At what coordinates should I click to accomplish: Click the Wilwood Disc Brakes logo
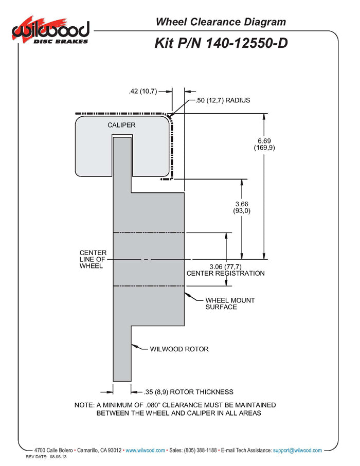point(50,32)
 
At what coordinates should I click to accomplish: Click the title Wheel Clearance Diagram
point(221,22)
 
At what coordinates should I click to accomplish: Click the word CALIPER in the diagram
point(121,125)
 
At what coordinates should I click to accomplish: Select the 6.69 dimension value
point(264,140)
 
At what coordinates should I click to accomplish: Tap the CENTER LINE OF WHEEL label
point(93,259)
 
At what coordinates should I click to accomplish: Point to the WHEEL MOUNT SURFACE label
point(229,303)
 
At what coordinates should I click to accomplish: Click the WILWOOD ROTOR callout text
point(179,349)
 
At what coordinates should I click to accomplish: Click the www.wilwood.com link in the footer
point(146,450)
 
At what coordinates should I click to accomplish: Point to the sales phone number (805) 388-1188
point(200,450)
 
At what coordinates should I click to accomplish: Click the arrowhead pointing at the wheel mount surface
point(187,295)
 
